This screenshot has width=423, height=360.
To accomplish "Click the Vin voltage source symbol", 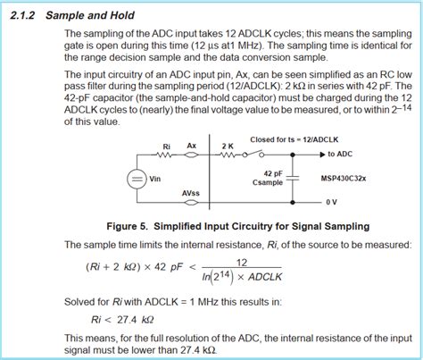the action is point(136,180).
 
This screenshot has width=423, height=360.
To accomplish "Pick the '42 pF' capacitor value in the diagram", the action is point(274,172).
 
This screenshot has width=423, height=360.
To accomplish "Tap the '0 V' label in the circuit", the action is point(331,202).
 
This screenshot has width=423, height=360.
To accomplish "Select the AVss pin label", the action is point(189,193).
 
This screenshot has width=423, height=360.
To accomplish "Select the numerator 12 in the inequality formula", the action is point(241,262).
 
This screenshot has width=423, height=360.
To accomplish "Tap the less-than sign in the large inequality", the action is point(191,269).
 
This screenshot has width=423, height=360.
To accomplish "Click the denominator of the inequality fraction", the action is point(241,278).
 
